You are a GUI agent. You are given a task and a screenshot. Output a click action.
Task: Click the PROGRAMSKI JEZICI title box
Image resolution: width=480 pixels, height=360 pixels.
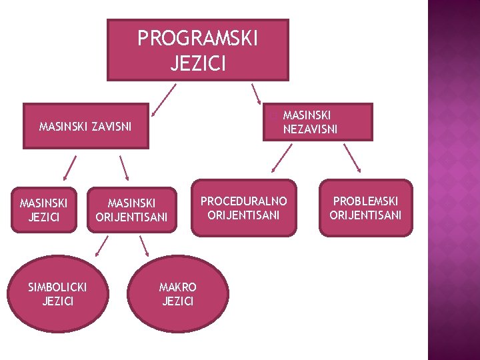pyautogui.click(x=197, y=50)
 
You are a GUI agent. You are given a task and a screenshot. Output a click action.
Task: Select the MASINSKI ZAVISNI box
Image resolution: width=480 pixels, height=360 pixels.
pyautogui.click(x=85, y=125)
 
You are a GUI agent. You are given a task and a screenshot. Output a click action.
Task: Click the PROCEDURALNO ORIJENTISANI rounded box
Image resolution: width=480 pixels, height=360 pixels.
pyautogui.click(x=243, y=208)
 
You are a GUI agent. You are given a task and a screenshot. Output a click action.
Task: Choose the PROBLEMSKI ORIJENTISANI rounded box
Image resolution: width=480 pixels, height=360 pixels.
pyautogui.click(x=365, y=208)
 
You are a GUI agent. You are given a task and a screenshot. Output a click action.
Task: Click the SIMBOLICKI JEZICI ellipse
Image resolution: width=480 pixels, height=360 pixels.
pyautogui.click(x=57, y=294)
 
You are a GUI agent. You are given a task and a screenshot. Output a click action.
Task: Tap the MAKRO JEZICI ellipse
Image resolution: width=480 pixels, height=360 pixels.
pyautogui.click(x=178, y=294)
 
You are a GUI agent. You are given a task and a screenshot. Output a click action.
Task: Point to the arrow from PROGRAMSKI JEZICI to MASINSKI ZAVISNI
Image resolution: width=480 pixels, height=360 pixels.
pyautogui.click(x=163, y=99)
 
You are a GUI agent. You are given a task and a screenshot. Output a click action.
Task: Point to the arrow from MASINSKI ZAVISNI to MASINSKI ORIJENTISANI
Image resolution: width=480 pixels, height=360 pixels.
pyautogui.click(x=123, y=168)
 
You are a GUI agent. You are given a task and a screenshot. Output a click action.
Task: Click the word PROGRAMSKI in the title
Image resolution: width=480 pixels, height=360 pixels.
pyautogui.click(x=197, y=39)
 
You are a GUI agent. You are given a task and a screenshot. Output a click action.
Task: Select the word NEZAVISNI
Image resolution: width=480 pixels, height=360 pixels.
pyautogui.click(x=310, y=129)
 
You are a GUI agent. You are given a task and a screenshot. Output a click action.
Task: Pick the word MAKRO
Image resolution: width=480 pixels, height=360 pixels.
pyautogui.click(x=178, y=287)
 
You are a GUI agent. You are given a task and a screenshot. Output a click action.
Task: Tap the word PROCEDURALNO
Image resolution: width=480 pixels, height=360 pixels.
pyautogui.click(x=243, y=201)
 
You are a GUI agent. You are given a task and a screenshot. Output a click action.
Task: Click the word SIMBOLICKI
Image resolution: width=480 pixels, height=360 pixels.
pyautogui.click(x=57, y=287)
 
